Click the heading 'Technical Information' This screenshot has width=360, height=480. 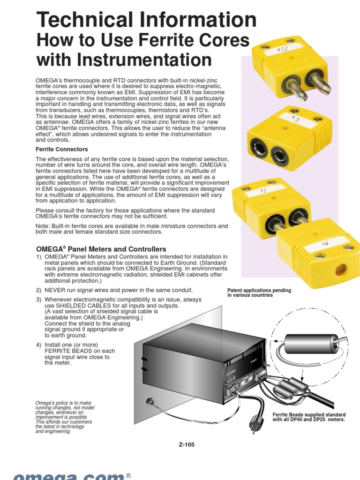pos(146,20)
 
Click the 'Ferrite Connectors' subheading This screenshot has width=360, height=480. pos(62,149)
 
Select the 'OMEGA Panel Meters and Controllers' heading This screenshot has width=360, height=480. pos(101,249)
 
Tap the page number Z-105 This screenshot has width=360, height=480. pos(186,444)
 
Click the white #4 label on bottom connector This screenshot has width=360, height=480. pos(325,244)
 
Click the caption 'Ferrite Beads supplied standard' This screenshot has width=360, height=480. pos(309,415)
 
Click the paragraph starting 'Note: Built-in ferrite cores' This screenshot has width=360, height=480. pos(132,229)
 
